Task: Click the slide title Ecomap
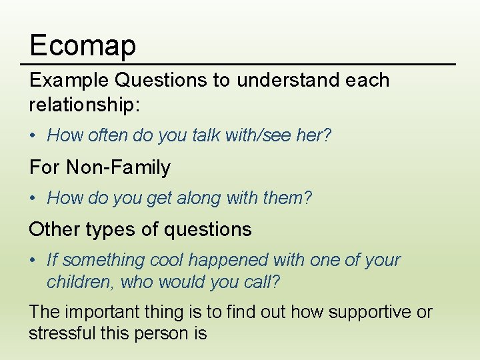pos(83,45)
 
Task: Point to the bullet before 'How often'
pos(33,136)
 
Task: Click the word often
pos(108,136)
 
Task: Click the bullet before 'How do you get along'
pos(33,198)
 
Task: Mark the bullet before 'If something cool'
pos(33,260)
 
